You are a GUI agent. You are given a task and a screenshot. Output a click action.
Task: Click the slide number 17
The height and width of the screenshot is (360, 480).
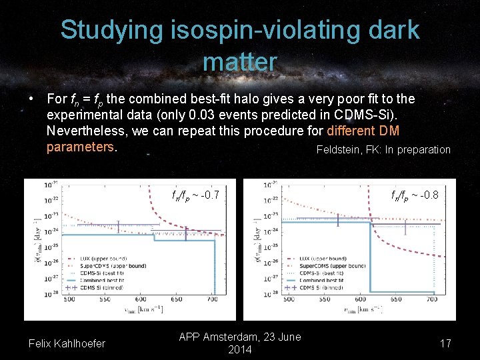click(x=446, y=343)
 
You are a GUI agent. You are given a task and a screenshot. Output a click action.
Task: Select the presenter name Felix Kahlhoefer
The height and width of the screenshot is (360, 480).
click(x=67, y=343)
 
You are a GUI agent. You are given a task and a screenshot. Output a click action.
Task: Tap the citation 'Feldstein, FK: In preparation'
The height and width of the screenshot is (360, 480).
click(x=383, y=149)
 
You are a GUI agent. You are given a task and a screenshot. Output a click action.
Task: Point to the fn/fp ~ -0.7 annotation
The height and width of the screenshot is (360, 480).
click(x=195, y=195)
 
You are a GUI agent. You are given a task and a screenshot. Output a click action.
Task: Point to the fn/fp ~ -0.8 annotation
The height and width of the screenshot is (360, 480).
click(x=415, y=195)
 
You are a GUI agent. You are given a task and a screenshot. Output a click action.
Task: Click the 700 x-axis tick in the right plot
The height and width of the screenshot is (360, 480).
click(x=433, y=300)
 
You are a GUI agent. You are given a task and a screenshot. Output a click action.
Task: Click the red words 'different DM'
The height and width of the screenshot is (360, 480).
click(x=363, y=131)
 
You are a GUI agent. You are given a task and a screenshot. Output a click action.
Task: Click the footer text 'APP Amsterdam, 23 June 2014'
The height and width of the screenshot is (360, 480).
click(x=240, y=343)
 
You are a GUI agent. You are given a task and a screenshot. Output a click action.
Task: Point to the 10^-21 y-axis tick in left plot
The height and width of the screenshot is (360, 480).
click(x=49, y=185)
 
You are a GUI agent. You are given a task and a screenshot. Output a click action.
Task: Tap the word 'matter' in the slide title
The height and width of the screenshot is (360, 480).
click(x=239, y=61)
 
